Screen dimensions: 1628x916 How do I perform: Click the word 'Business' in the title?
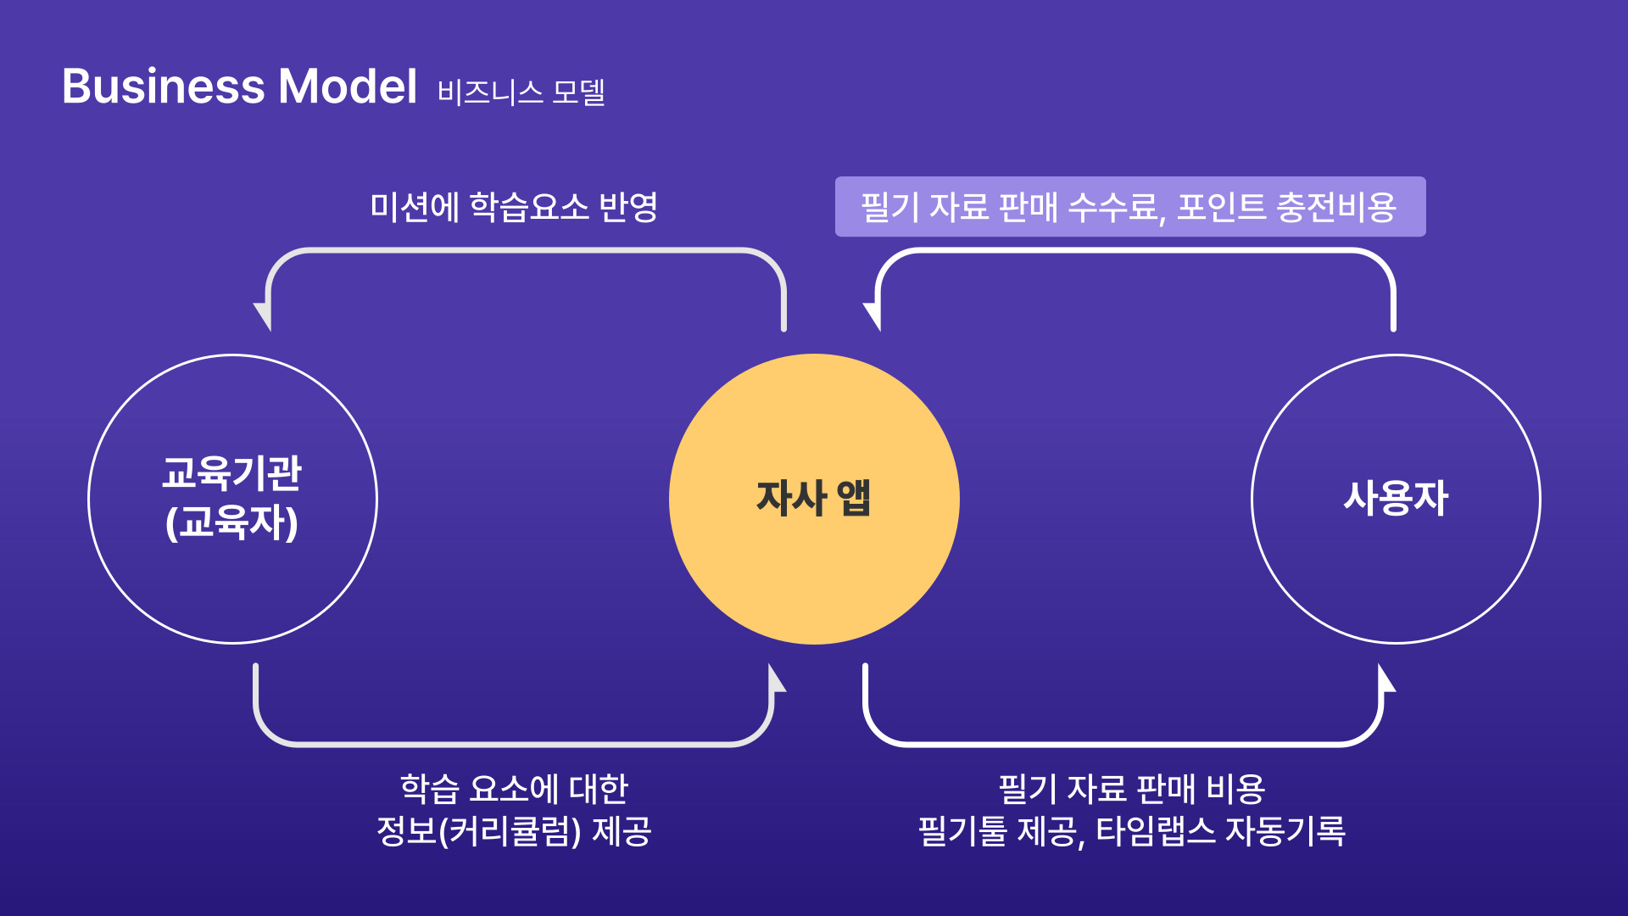(164, 87)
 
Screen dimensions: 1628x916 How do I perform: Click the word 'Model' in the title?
(348, 87)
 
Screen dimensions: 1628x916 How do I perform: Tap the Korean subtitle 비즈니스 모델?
(521, 92)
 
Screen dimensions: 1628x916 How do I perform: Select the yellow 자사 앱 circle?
(814, 499)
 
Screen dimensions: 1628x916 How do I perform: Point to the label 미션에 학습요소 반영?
(514, 207)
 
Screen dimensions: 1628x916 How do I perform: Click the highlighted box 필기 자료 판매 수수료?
(1130, 206)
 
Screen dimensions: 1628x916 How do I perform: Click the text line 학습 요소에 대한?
(514, 789)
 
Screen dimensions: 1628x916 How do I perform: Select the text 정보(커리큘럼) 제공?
(514, 831)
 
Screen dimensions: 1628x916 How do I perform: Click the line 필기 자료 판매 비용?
(1132, 789)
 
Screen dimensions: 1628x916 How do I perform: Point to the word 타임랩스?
(1156, 831)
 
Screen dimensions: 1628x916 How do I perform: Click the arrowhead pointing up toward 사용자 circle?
(1386, 678)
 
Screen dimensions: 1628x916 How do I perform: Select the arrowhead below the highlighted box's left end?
(873, 316)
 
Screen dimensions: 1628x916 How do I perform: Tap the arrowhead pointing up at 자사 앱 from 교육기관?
(777, 678)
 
